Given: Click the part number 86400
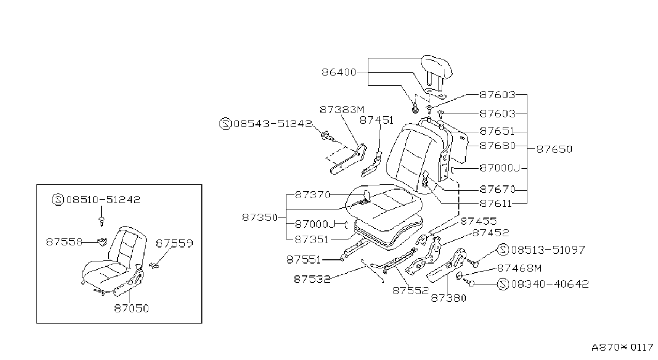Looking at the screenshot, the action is pos(339,72).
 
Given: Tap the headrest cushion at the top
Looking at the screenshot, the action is pos(437,67).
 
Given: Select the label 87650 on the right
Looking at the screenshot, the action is pos(554,149).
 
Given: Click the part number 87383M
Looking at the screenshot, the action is pos(342,110).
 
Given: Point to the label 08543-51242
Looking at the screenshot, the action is pos(273,123).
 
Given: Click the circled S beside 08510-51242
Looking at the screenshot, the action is pos(58,199).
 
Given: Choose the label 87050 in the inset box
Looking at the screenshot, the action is pos(132,308).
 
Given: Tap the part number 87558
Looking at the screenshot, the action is pos(64,242).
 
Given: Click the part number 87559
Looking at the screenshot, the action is pos(175,243).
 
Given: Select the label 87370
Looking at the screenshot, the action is pos(313,195).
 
